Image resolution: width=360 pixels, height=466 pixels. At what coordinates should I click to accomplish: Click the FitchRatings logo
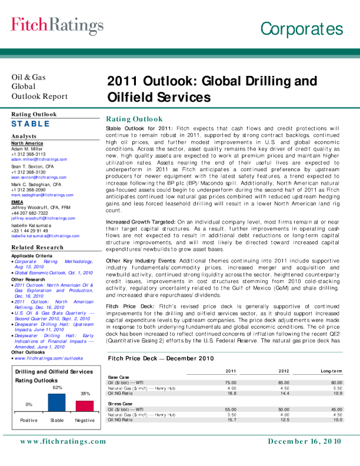[57, 25]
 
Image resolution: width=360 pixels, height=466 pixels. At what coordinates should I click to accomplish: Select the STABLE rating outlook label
[31, 124]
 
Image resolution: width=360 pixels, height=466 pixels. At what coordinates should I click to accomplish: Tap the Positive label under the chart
[29, 420]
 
